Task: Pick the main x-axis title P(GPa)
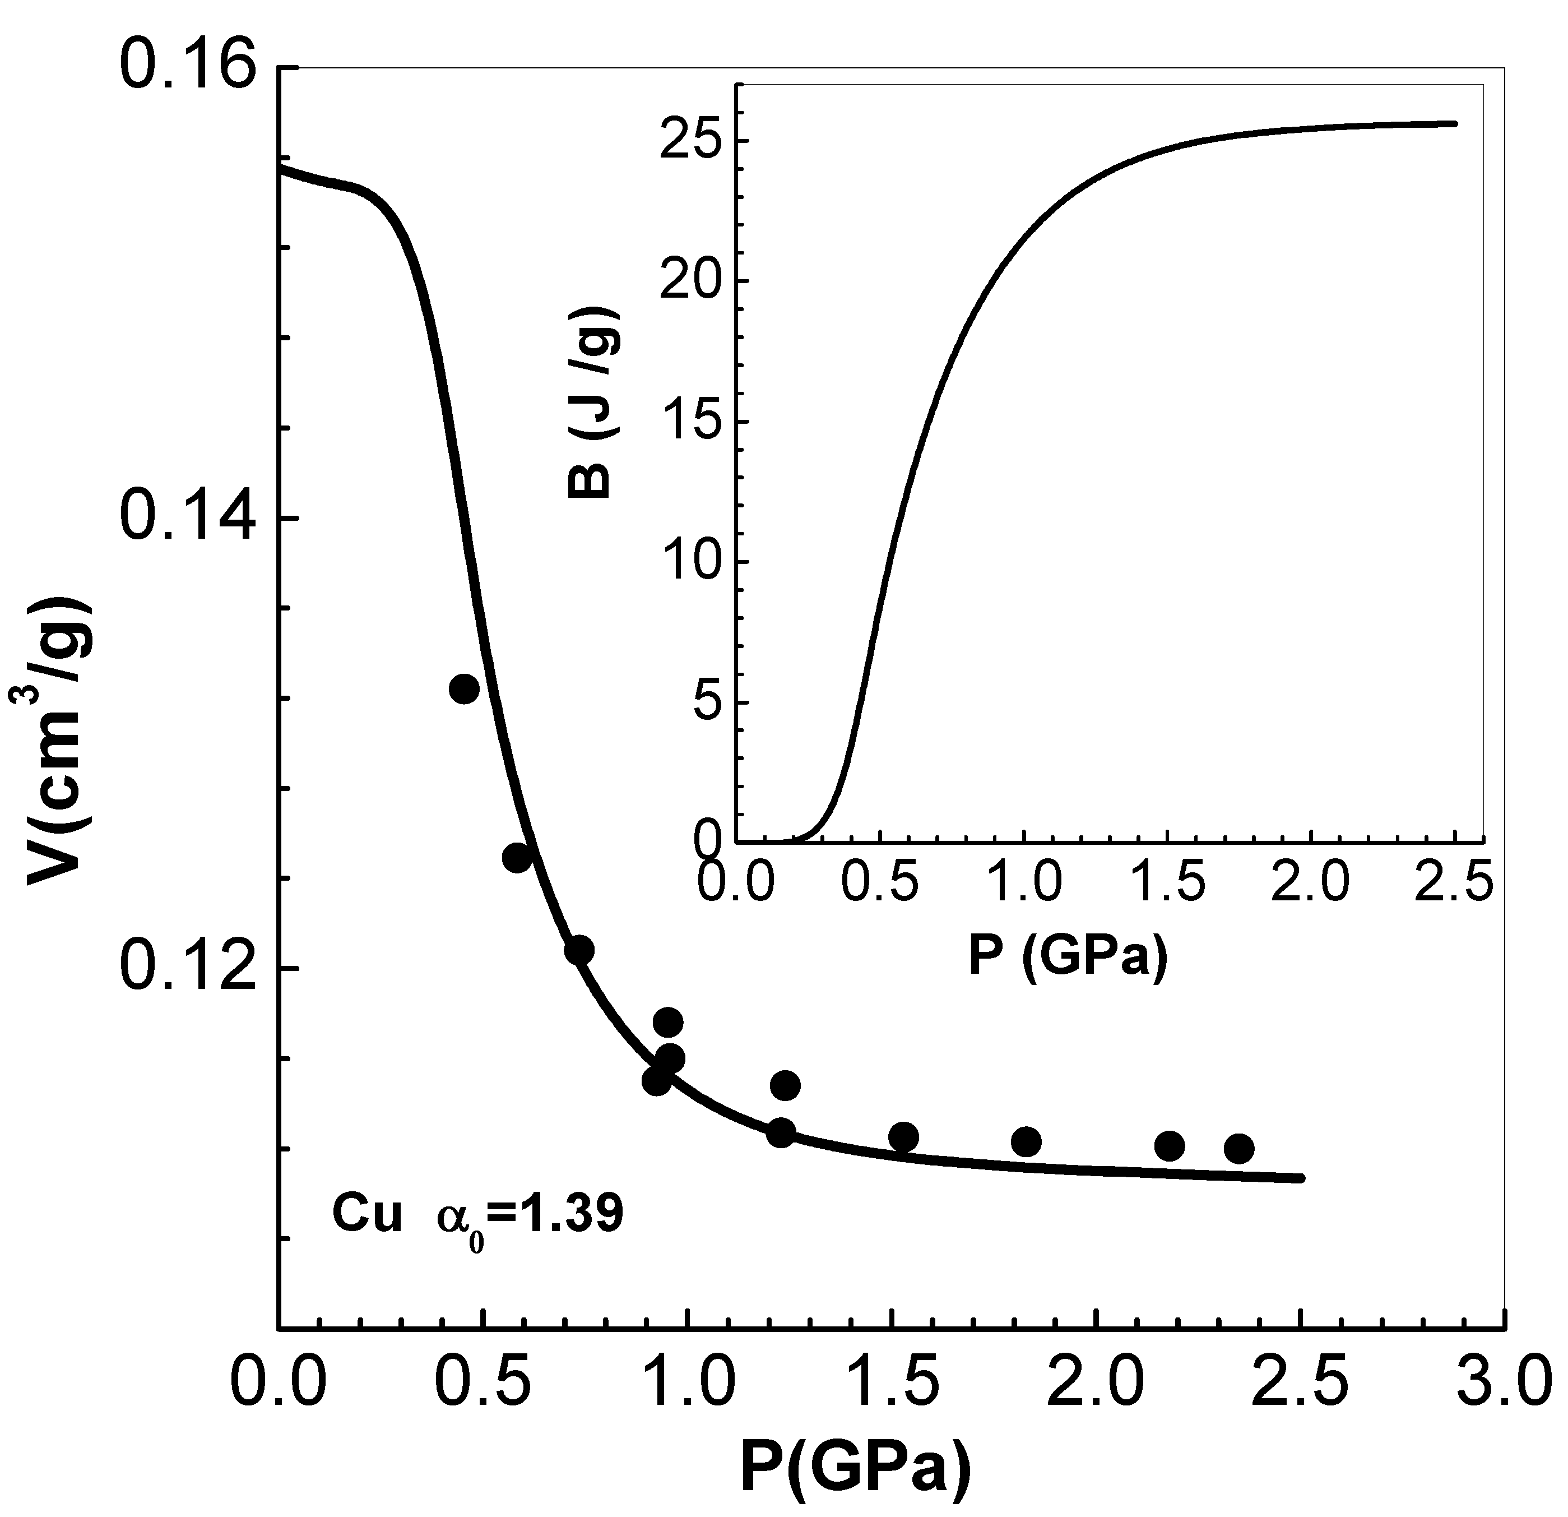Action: click(856, 1470)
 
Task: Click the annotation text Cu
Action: click(367, 1215)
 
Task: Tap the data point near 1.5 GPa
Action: click(903, 1136)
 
